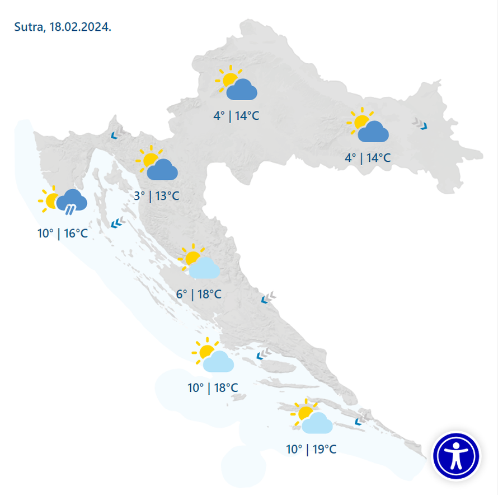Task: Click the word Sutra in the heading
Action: (27, 27)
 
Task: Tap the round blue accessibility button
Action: (456, 455)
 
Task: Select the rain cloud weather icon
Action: (72, 201)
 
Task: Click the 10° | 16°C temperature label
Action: (63, 234)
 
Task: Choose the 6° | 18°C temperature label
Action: (199, 294)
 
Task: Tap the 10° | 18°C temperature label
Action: (213, 387)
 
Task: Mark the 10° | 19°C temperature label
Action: (311, 449)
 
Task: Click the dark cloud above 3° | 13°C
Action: (162, 169)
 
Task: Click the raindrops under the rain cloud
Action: (70, 211)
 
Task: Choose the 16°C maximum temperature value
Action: (76, 234)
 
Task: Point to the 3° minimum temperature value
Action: (139, 196)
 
